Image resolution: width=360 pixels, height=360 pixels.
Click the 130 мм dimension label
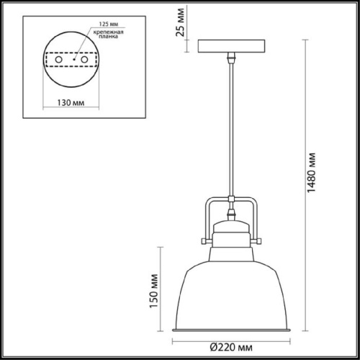(x=71, y=102)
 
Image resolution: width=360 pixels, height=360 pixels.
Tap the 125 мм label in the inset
(x=99, y=24)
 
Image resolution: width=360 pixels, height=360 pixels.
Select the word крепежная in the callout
(x=105, y=33)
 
